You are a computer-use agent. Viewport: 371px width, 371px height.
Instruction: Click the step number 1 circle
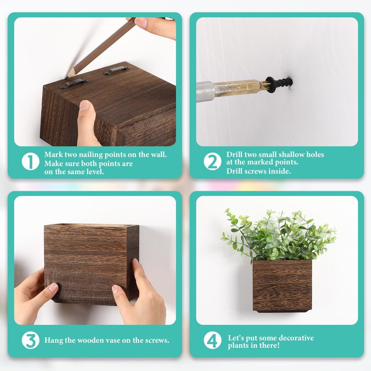coord(31,162)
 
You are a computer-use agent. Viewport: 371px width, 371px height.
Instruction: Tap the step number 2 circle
coord(212,162)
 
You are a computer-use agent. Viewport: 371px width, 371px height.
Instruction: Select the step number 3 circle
coord(31,340)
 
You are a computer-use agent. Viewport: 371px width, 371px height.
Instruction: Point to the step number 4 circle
coord(212,340)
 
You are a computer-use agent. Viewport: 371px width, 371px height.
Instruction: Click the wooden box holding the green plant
coord(282,286)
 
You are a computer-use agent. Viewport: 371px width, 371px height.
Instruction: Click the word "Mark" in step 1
coord(53,155)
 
